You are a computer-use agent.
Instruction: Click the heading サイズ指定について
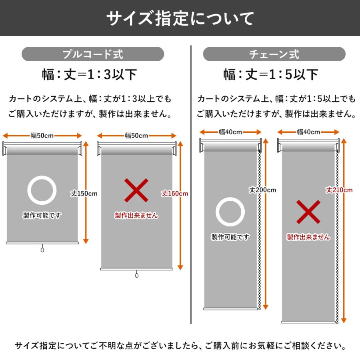click(x=180, y=18)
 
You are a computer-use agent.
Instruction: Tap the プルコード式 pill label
click(x=93, y=54)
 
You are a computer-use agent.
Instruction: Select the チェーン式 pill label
click(x=274, y=54)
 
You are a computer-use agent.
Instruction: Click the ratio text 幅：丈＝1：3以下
click(x=90, y=74)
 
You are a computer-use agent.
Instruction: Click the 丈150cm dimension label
click(x=84, y=194)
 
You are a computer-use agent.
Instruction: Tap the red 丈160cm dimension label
click(x=175, y=194)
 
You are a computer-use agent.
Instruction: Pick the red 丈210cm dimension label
click(x=339, y=190)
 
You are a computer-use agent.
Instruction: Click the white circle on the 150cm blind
click(x=42, y=190)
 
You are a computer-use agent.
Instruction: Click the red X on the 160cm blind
click(x=136, y=190)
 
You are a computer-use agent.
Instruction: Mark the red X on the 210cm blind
click(x=308, y=212)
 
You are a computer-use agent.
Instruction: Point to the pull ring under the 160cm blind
click(x=137, y=276)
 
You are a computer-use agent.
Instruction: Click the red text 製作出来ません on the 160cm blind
click(x=136, y=216)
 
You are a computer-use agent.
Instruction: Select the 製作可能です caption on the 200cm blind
click(x=230, y=237)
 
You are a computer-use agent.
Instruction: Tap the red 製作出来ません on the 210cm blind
click(x=308, y=237)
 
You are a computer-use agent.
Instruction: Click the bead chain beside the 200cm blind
click(x=259, y=240)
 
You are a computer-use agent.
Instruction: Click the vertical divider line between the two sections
click(x=191, y=184)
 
